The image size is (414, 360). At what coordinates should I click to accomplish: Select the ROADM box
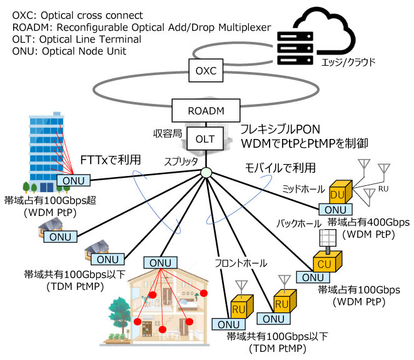coord(205,111)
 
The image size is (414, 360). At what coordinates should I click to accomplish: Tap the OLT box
coord(205,139)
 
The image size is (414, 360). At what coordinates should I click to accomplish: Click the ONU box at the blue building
coord(74,181)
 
